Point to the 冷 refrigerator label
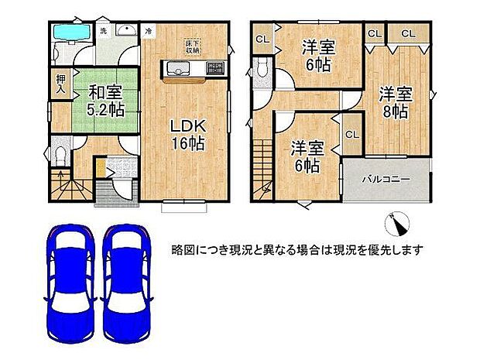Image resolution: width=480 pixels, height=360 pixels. [x=149, y=31]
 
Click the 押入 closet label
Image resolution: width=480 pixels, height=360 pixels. [x=60, y=84]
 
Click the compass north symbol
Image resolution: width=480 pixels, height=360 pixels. [x=397, y=225]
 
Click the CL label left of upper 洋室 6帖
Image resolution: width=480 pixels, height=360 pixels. [x=262, y=38]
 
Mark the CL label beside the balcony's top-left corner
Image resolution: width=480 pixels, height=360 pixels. [x=351, y=134]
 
